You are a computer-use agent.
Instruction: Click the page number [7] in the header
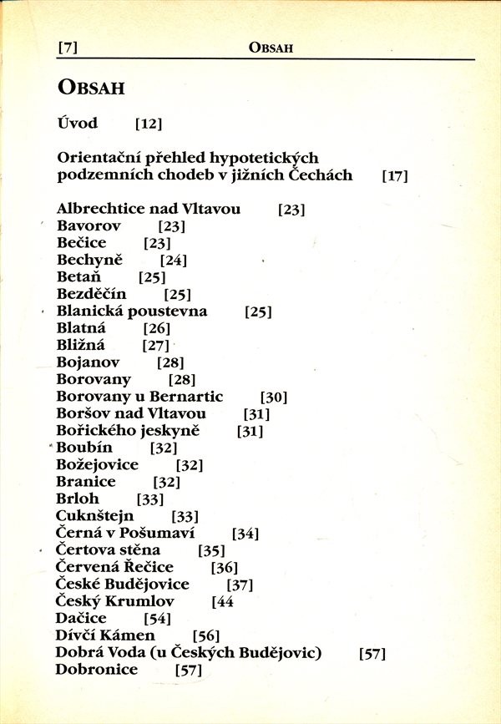pos(68,48)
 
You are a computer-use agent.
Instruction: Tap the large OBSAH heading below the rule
pos(91,87)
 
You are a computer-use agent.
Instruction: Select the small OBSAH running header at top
pos(271,48)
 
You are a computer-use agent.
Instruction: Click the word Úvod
pos(78,124)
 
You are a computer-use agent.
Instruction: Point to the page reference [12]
pos(148,124)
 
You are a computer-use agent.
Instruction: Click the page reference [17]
pos(394,176)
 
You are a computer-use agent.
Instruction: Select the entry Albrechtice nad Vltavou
pos(149,209)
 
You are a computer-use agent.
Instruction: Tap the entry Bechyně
pos(89,260)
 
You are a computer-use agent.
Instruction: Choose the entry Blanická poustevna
pos(132,311)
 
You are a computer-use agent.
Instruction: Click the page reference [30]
pos(274,397)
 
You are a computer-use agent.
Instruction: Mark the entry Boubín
pos(84,448)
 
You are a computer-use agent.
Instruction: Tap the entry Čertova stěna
pos(109,550)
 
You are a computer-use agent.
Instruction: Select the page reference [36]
pos(225,568)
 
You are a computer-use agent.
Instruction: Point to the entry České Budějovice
pos(123,584)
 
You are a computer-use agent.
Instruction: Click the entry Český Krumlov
pos(115,601)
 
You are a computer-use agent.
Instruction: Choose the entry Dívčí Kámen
pos(105,635)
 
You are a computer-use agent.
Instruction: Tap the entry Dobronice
pos(97,670)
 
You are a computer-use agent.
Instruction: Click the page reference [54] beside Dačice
pos(157,619)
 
